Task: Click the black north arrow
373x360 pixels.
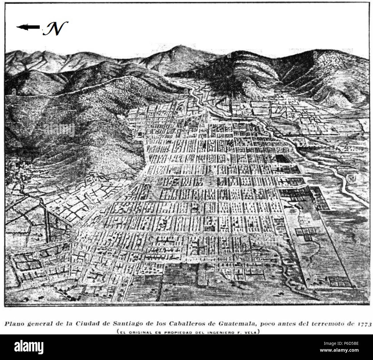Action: tap(28, 27)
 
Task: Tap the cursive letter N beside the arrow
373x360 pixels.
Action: tap(54, 28)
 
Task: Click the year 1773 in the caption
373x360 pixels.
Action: tap(365, 324)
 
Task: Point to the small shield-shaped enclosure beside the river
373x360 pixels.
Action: tap(351, 179)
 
